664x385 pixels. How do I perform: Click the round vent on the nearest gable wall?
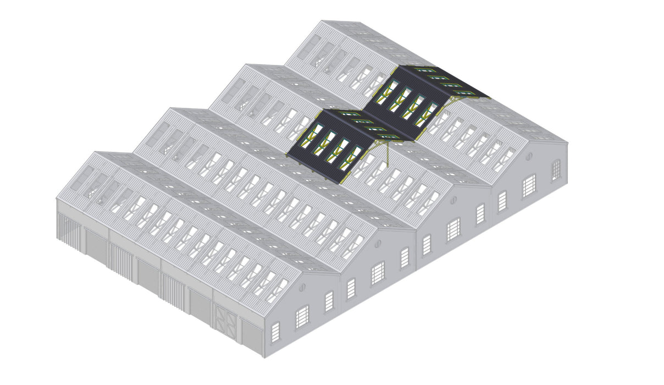click(302, 287)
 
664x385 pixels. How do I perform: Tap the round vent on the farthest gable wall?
click(529, 156)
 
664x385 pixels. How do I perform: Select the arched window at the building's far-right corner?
click(556, 169)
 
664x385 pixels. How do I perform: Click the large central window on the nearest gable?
click(302, 316)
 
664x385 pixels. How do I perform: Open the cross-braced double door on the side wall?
click(226, 321)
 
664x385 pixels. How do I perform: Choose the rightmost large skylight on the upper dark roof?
click(427, 113)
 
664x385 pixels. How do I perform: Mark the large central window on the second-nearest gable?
click(378, 273)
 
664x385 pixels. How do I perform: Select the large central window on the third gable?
click(453, 229)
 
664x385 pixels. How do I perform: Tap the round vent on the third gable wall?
click(453, 200)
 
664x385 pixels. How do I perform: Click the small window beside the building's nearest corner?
click(275, 332)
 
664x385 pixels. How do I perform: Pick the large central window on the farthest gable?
click(529, 185)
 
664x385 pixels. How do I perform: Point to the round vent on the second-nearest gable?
click(378, 243)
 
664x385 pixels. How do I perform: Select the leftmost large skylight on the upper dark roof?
click(388, 93)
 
